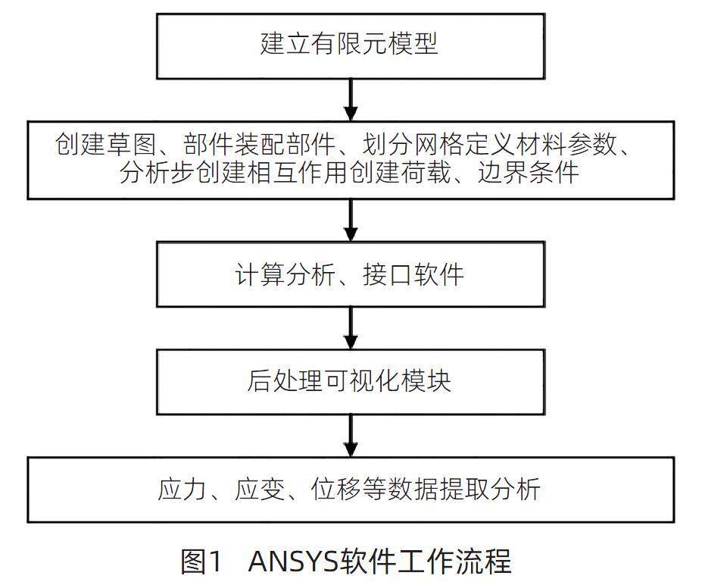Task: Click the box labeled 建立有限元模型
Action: point(350,45)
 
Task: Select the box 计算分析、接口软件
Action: point(350,274)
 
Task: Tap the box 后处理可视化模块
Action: point(350,381)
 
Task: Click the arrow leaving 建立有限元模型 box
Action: point(350,99)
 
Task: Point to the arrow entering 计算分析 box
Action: point(350,221)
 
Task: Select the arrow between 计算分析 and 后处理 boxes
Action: point(350,327)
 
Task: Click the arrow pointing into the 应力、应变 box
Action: point(350,435)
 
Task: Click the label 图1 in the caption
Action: point(201,562)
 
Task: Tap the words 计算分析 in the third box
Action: point(285,274)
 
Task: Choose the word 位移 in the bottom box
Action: point(333,489)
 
